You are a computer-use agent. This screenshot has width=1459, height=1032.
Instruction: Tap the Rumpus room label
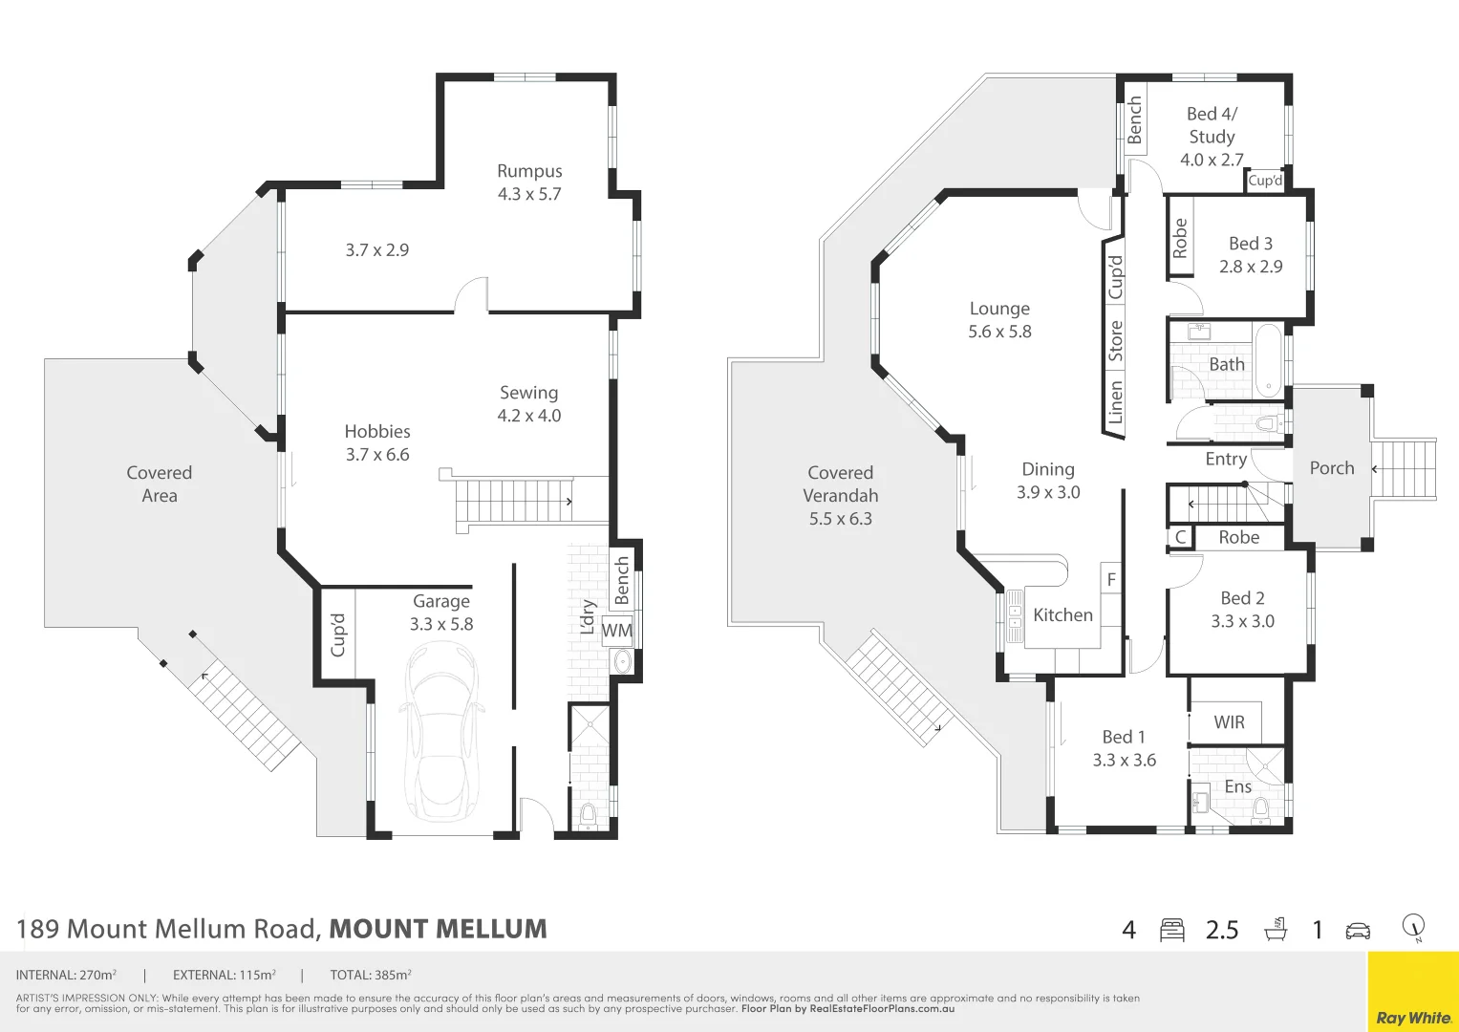point(529,171)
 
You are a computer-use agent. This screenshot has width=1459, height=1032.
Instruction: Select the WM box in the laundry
point(617,631)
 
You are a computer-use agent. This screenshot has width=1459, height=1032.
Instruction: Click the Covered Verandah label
point(840,484)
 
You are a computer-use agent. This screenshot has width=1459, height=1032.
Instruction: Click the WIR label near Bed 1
point(1229,722)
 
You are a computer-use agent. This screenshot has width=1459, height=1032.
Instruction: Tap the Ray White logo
point(1413,1018)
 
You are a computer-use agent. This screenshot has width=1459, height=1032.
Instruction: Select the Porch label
point(1332,468)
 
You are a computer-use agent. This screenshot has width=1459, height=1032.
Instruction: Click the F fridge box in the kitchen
point(1111,579)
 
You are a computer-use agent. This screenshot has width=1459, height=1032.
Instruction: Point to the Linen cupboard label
point(1115,402)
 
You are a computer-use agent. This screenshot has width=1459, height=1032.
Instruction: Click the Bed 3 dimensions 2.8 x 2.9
point(1251,267)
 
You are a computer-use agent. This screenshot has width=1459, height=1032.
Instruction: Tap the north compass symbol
point(1414,927)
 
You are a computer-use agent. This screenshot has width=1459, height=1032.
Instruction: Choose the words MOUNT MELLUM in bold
point(438,929)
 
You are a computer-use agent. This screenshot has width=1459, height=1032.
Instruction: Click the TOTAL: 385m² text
point(371,976)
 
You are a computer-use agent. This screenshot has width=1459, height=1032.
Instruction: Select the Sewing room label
point(528,393)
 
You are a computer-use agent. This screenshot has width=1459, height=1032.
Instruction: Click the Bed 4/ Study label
point(1212,125)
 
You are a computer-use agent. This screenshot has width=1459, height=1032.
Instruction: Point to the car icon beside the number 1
point(1358,930)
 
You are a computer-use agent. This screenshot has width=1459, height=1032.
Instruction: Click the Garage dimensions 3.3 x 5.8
point(441,624)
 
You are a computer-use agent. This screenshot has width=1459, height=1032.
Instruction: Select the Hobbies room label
point(377,432)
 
